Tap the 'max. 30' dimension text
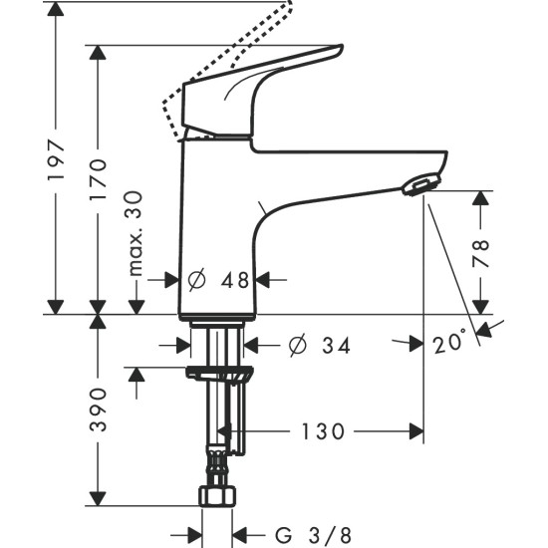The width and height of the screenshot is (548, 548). (x=137, y=235)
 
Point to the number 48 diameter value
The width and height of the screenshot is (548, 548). (x=235, y=281)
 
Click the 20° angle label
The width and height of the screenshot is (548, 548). (x=449, y=343)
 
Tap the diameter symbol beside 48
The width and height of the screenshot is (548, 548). (x=196, y=281)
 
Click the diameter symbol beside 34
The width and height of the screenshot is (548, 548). (x=296, y=346)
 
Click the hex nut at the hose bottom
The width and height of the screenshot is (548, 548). (x=216, y=495)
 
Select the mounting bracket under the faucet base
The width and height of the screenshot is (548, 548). (x=217, y=374)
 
